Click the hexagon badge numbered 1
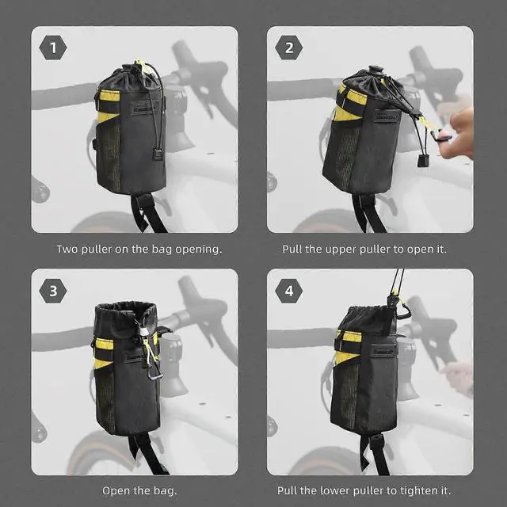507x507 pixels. coord(53,48)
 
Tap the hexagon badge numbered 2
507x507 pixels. coord(288,48)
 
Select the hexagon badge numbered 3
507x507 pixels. coord(53,291)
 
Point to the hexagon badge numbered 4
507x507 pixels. coord(288,291)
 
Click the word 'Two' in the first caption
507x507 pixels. coord(67,249)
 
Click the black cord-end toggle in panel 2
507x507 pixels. coord(423,160)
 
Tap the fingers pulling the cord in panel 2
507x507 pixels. coord(458,133)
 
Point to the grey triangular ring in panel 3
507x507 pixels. coord(155,372)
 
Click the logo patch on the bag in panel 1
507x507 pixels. coord(144,108)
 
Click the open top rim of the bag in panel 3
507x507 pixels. coord(125,307)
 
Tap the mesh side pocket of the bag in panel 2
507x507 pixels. coord(347,158)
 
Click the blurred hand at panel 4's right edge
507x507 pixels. coord(458,379)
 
